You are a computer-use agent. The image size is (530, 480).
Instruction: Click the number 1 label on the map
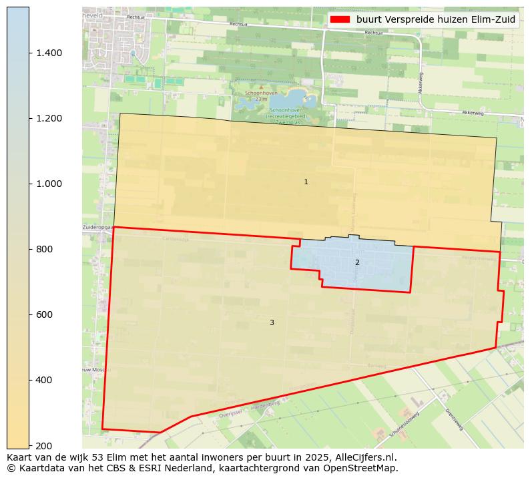coord(306,182)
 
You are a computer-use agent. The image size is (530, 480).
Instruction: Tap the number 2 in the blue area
coord(357,263)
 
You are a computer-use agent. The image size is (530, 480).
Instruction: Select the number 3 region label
coord(272,323)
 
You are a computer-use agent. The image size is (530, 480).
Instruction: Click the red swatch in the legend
coord(340,20)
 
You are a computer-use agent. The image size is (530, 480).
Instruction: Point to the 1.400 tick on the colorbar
coord(48,53)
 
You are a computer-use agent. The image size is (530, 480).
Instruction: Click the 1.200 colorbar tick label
coord(48,119)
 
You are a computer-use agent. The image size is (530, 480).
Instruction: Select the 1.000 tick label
coord(48,184)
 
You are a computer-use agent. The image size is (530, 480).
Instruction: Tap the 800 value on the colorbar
coord(43,250)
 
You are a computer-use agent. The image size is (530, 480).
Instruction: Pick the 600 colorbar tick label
coord(43,315)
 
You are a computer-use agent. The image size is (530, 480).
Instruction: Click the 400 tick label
coord(43,381)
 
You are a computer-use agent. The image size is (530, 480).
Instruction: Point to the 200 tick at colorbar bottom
coord(43,445)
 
